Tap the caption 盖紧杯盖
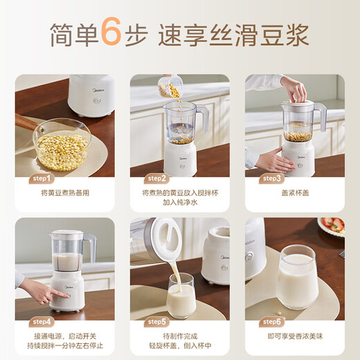coord(295,193)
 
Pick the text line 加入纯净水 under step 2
coord(180,204)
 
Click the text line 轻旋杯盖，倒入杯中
coord(180,348)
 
